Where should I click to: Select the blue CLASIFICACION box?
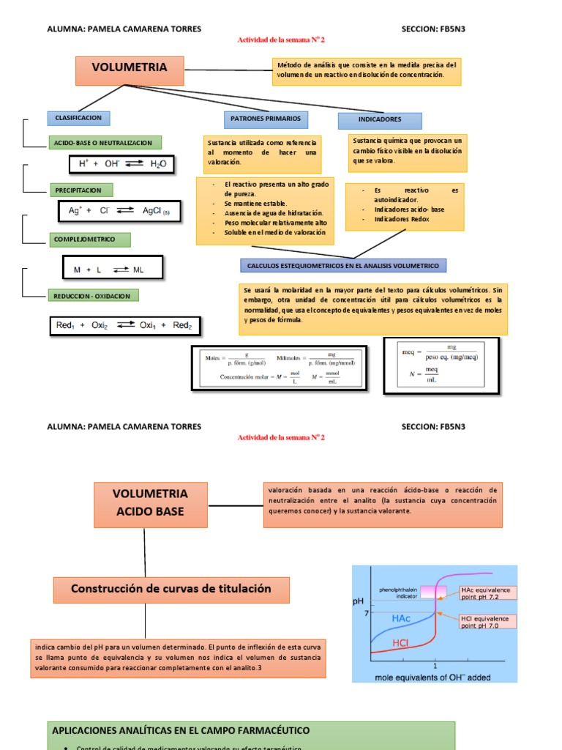(78, 118)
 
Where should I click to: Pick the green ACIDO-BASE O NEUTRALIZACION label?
(105, 143)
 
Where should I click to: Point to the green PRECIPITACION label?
(80, 190)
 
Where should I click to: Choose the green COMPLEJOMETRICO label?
(91, 240)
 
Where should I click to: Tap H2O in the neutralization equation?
(158, 165)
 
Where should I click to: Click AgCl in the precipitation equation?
(154, 211)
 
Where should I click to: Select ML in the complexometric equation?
(138, 270)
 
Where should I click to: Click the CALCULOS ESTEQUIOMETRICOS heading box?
(343, 265)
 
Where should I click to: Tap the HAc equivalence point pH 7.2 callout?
(487, 593)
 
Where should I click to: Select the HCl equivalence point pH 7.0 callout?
(487, 621)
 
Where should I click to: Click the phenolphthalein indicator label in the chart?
(399, 593)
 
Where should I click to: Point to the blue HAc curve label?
(401, 619)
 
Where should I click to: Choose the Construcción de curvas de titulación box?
(171, 589)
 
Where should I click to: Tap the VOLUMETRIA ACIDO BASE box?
(150, 502)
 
